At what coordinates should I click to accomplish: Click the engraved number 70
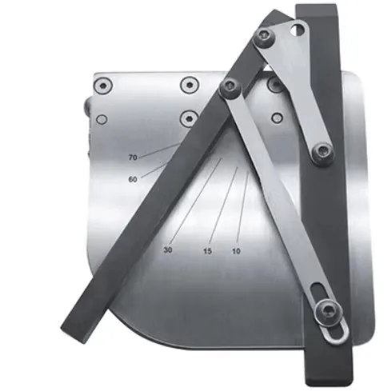(133, 158)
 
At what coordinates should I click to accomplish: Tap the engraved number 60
(133, 179)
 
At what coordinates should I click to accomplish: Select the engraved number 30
(168, 250)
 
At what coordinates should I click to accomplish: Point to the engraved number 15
(207, 251)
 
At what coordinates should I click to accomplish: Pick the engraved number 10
(236, 251)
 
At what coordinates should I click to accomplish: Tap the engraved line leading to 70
(159, 150)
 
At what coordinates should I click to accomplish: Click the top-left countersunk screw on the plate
(102, 86)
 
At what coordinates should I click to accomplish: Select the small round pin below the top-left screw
(102, 119)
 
